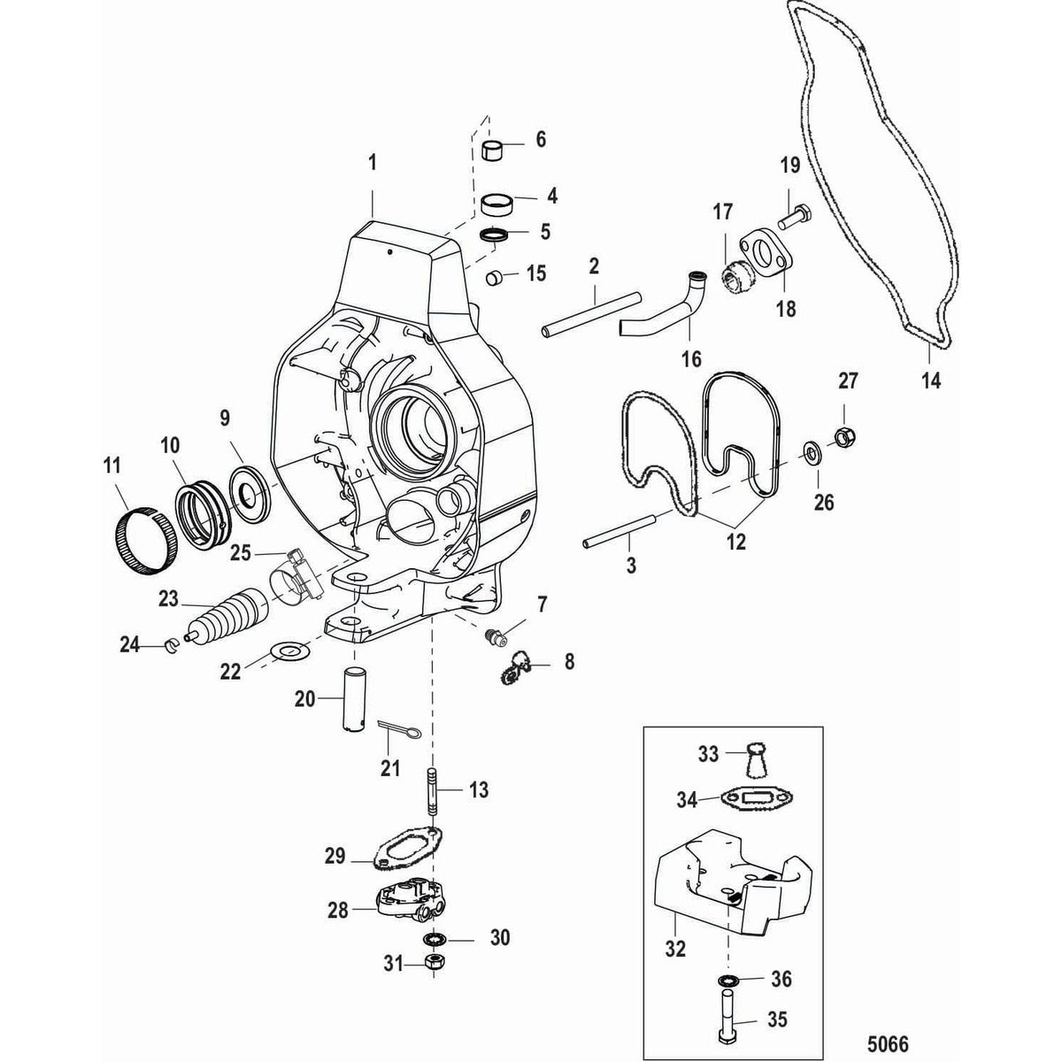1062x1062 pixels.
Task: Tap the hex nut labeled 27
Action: tap(842, 436)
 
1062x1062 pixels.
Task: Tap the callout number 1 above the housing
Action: tap(373, 163)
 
